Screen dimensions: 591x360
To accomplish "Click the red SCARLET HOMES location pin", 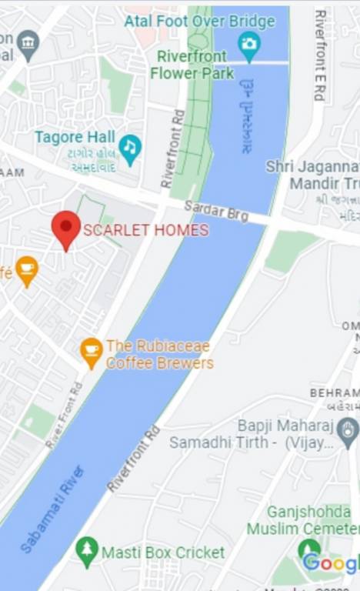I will coord(66,228).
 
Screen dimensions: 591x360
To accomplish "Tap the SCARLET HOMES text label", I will coord(145,230).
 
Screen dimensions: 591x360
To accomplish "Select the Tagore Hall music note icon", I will coord(130,147).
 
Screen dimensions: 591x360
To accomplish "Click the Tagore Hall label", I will coord(75,137).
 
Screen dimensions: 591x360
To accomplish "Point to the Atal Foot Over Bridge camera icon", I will coord(248,43).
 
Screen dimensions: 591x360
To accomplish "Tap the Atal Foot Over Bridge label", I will coord(199,21).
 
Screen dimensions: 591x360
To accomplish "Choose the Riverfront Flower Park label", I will coord(192,65).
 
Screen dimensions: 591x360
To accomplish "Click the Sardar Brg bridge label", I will coord(216,210).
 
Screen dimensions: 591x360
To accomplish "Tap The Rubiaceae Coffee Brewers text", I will coord(159,355).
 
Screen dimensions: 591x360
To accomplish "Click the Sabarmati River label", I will coord(52,510).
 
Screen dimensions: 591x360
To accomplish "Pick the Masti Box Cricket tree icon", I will coord(87,551).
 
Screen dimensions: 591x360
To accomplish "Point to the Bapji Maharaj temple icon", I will coord(348,429).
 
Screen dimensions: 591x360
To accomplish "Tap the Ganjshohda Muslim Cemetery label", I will coord(308,520).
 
